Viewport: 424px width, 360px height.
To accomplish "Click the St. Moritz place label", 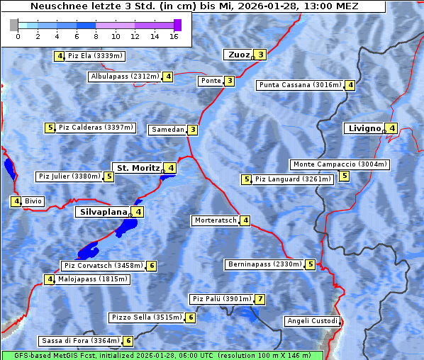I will tap(138, 168).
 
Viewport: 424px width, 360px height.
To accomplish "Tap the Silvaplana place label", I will tap(103, 212).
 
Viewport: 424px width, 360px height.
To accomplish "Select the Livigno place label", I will tap(364, 128).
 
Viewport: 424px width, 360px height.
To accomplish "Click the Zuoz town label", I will tap(238, 55).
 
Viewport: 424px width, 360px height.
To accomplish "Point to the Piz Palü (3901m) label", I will tap(221, 299).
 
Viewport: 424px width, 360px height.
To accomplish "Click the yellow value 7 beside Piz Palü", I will tap(260, 299).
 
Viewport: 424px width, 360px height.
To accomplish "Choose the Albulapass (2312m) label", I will tap(124, 77).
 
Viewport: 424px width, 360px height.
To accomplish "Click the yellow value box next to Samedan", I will tap(193, 130).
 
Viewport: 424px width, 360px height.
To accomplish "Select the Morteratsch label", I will tap(215, 220).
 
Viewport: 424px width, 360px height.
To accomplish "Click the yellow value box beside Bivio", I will tap(16, 201).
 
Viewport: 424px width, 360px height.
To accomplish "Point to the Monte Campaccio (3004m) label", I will tap(340, 164).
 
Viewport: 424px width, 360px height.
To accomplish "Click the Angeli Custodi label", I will tap(312, 321).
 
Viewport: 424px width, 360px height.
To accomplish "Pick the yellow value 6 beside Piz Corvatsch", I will tap(151, 266).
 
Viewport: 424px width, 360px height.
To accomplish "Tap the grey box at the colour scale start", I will tap(14, 25).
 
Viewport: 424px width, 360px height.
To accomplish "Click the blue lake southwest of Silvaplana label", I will tap(88, 250).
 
